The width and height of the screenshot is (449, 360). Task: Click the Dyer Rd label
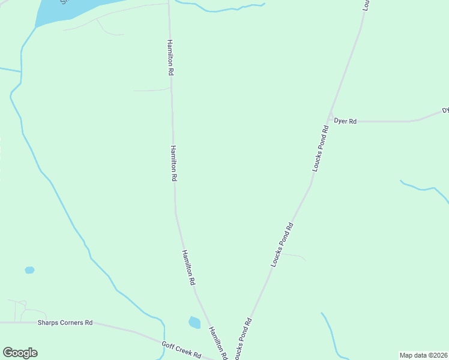(345, 121)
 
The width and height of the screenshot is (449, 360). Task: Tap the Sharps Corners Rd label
(65, 322)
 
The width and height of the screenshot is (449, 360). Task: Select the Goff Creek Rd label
(181, 349)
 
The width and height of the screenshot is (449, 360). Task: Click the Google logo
(20, 353)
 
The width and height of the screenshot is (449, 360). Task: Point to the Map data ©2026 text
(423, 355)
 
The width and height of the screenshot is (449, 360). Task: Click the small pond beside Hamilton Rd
(194, 322)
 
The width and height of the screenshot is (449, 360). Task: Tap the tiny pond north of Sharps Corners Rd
(29, 270)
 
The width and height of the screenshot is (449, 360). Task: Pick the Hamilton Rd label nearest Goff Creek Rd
(218, 343)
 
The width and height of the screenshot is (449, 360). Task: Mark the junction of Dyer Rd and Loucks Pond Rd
(330, 120)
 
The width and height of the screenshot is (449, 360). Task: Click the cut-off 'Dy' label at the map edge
(445, 110)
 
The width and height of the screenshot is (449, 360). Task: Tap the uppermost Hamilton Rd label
(170, 58)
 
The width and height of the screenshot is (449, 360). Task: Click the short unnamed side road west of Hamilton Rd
(151, 91)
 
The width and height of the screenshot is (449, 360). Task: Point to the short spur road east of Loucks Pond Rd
(294, 255)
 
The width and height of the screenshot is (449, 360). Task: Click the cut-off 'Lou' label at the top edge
(366, 5)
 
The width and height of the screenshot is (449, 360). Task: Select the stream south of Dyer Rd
(424, 188)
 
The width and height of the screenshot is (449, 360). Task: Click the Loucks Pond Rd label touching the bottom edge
(243, 339)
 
